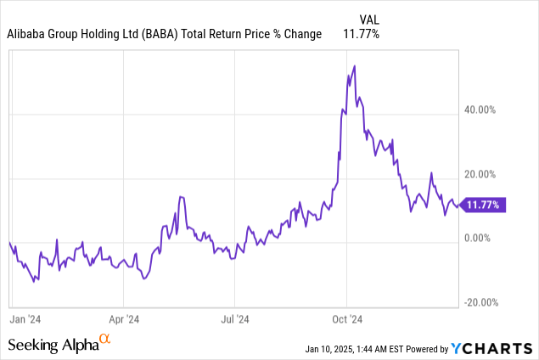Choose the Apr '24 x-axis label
coord(123,319)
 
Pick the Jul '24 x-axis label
coord(235,319)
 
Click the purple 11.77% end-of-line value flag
coord(486,204)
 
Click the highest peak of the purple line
coord(354,65)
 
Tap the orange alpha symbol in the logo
coord(105,340)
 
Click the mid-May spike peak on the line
coord(181,197)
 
